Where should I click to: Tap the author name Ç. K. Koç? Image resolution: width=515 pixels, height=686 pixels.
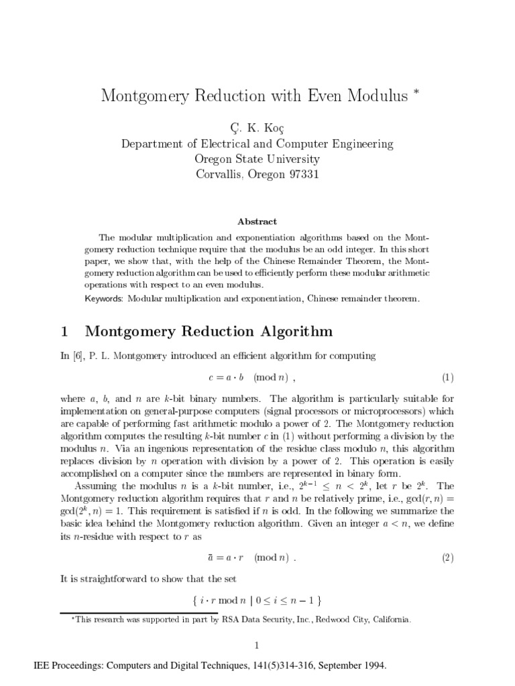[x=257, y=127]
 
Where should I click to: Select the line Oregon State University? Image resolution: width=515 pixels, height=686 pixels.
[x=257, y=159]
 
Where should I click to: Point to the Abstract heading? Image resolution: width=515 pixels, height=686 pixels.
[x=257, y=221]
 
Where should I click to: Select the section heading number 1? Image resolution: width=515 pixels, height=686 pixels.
[x=65, y=332]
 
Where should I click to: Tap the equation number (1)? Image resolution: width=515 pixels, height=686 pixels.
[x=448, y=377]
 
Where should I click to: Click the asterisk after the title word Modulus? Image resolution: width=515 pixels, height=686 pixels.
[x=416, y=92]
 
